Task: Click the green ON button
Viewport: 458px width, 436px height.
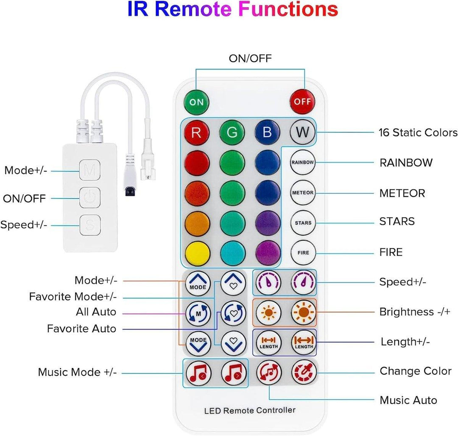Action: click(x=196, y=102)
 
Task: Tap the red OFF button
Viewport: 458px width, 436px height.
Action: click(x=302, y=102)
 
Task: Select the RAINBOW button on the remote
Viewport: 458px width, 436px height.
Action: click(x=303, y=162)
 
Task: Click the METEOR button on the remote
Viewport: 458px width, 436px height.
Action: click(x=303, y=193)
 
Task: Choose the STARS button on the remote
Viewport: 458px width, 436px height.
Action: click(x=303, y=223)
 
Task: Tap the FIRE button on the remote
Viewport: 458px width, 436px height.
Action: click(x=303, y=253)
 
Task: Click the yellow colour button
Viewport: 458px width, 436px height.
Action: click(x=197, y=253)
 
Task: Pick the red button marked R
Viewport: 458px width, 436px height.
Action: click(x=196, y=132)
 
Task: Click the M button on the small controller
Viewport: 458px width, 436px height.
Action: click(x=90, y=170)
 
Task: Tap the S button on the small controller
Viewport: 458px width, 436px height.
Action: click(x=90, y=224)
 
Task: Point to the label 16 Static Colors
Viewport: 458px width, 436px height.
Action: click(x=418, y=132)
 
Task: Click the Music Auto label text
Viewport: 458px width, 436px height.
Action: click(x=408, y=400)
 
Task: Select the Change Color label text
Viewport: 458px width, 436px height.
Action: click(x=415, y=371)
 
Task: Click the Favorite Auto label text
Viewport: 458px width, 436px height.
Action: click(x=81, y=328)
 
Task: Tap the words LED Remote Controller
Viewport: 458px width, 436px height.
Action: click(x=250, y=410)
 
